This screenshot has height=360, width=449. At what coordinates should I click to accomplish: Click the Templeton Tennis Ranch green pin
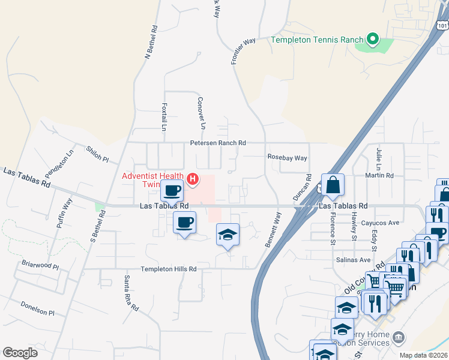click(x=373, y=40)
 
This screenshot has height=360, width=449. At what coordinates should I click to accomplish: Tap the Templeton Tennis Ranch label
click(x=317, y=40)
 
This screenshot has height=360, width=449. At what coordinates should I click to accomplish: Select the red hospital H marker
click(x=193, y=178)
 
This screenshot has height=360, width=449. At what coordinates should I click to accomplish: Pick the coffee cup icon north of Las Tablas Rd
click(x=172, y=191)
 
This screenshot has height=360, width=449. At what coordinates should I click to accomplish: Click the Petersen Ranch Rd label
click(x=218, y=143)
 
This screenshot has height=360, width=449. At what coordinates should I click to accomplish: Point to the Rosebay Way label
click(x=287, y=158)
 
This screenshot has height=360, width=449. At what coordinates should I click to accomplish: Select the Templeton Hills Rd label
click(x=169, y=269)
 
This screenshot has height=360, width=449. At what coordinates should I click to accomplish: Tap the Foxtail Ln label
click(x=164, y=116)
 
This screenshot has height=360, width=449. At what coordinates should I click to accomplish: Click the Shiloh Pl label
click(x=97, y=155)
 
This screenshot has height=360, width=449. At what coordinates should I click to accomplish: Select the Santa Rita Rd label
click(x=131, y=293)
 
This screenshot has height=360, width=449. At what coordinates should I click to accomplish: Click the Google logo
click(x=20, y=352)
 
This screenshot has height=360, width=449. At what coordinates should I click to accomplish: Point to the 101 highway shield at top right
click(x=442, y=26)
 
